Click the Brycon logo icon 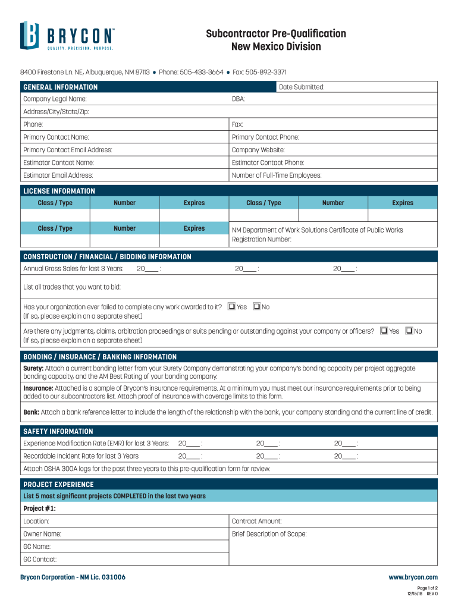point(30,35)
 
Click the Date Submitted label point(302,87)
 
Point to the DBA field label point(238,99)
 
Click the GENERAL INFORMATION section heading point(60,87)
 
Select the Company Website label point(258,150)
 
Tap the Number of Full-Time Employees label point(276,175)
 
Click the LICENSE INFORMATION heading point(59,191)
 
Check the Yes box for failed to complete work point(232,307)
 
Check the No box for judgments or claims point(409,331)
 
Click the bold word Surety point(33,369)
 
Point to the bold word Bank point(31,412)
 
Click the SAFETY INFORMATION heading point(58,431)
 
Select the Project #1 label point(39,508)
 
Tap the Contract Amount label point(256,521)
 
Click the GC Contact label point(40,560)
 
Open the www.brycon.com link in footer point(413,577)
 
